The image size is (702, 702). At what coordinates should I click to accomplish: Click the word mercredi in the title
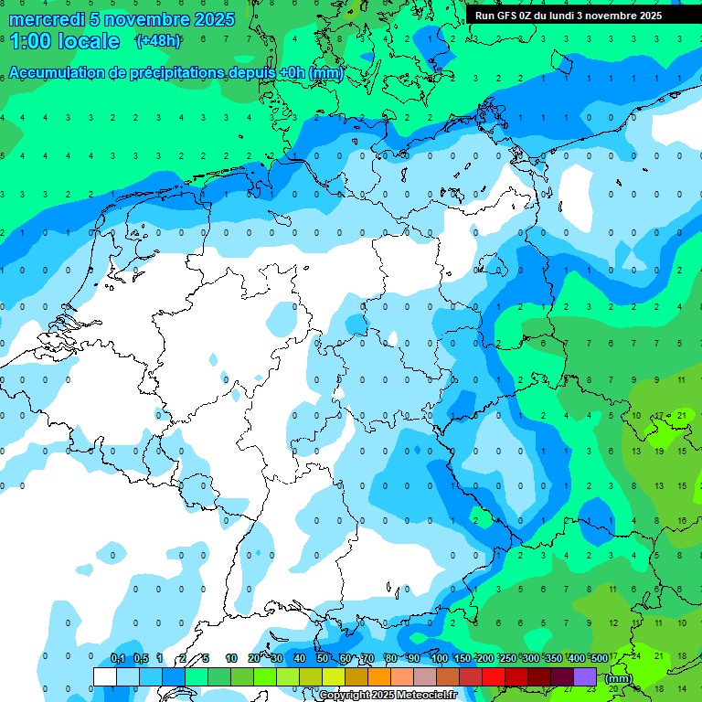(x=46, y=19)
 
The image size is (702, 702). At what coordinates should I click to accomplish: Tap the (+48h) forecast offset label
(x=158, y=41)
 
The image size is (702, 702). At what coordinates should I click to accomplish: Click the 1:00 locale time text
(x=64, y=41)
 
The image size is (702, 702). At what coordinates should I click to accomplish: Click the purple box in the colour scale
(x=585, y=676)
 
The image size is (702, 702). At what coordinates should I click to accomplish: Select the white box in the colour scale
(x=105, y=676)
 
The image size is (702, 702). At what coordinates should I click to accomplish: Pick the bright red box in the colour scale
(x=494, y=676)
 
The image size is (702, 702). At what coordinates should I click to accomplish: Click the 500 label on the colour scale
(x=599, y=658)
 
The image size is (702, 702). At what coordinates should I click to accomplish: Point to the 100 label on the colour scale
(x=439, y=658)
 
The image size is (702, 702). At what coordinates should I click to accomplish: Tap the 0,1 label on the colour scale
(x=118, y=658)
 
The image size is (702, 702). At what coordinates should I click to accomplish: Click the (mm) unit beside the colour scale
(x=619, y=678)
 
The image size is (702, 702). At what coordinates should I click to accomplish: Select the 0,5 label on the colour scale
(x=141, y=658)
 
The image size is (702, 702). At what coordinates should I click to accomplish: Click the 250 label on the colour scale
(x=507, y=658)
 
